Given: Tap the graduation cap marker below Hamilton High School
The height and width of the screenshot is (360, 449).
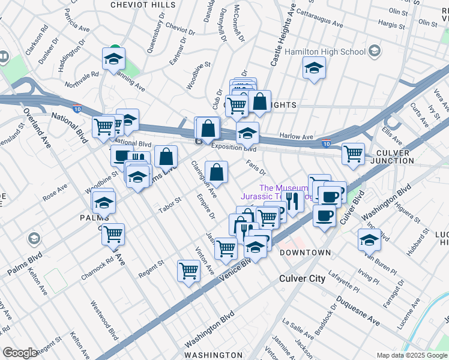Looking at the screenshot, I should (x=313, y=69).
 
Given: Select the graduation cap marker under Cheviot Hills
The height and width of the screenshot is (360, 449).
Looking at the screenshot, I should (x=113, y=59).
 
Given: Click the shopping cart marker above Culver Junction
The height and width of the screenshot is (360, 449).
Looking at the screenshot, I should (x=354, y=153).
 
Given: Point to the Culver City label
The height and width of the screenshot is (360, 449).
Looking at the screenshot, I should (x=302, y=279).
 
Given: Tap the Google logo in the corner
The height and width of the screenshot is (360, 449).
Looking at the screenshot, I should (x=20, y=353).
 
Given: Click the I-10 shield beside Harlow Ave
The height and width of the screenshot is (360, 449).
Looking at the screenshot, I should (x=325, y=144).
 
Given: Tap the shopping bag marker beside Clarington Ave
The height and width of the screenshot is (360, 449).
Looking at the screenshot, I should (x=216, y=172).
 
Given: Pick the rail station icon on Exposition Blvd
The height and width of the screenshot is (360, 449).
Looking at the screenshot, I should (x=199, y=141).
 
